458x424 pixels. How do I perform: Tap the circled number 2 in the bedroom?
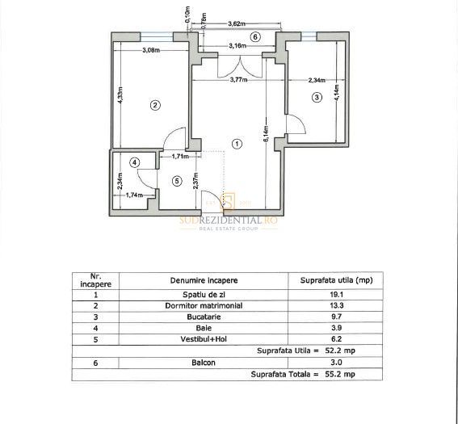pos(155,104)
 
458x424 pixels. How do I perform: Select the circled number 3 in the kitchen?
pos(317,97)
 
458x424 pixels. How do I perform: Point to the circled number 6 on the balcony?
pos(254,36)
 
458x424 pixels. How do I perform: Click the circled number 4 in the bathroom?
pos(135,162)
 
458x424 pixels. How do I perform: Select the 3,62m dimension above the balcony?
pos(237,25)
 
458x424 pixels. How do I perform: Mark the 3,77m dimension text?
pos(237,80)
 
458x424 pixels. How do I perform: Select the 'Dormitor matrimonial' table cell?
pos(204,306)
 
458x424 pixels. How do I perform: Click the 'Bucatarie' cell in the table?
pos(204,317)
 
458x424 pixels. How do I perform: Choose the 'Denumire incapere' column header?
pos(204,280)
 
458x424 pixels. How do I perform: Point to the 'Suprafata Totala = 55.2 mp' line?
pos(303,375)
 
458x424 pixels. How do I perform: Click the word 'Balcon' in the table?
pos(204,363)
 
